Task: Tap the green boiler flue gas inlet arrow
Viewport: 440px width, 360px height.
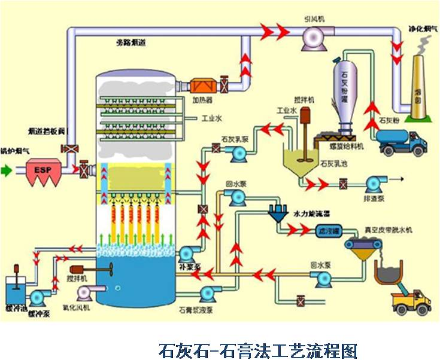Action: click(x=7, y=171)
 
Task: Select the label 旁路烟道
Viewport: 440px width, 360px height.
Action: click(x=131, y=42)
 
